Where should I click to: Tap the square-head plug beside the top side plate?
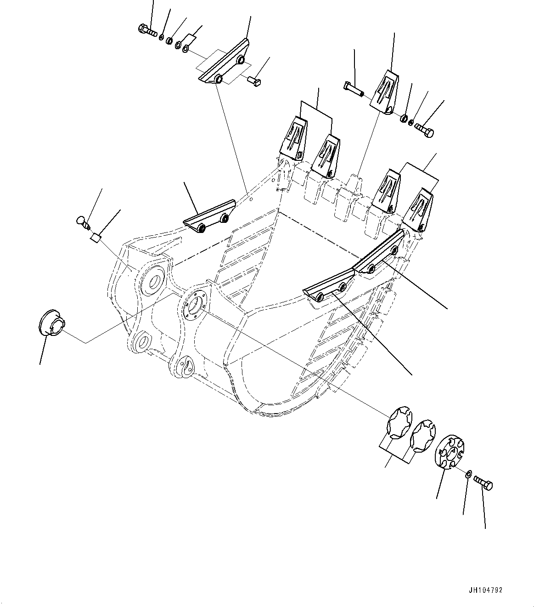coord(253,81)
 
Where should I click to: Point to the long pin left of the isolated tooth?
coord(352,89)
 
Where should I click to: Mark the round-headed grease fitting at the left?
coord(83,221)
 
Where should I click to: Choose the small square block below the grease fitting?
coord(96,238)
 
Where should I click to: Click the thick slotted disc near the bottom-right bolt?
coord(448,453)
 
